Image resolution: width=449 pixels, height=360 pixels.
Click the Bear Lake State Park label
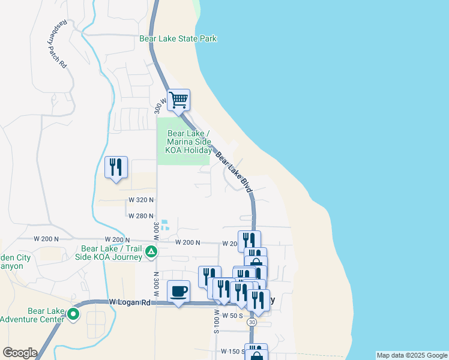178,38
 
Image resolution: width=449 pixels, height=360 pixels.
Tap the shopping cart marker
178,100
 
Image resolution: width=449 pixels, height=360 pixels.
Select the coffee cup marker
178,292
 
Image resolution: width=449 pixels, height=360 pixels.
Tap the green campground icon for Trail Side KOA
152,252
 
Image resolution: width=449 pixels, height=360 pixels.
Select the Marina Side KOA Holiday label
188,142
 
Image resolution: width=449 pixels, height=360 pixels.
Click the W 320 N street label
141,199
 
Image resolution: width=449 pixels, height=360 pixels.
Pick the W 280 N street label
141,215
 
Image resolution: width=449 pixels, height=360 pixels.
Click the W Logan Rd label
129,302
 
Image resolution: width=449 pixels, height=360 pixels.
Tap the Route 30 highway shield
252,322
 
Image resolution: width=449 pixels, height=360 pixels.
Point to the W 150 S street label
232,351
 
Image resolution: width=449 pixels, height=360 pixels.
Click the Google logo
20,353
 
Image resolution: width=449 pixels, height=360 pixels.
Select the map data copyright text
412,355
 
